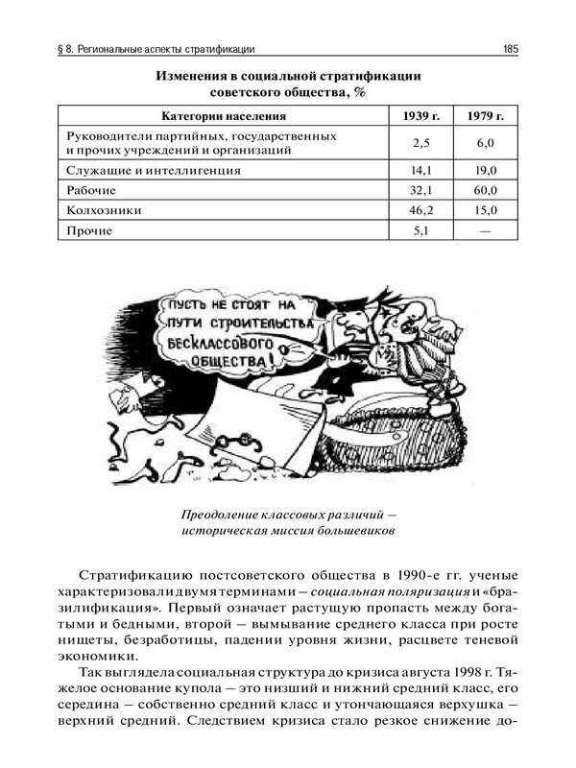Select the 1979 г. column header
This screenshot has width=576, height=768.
point(486,116)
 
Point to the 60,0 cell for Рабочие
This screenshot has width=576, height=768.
point(486,190)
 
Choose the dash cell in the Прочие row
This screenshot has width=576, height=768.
point(486,230)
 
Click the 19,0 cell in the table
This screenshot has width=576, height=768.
point(486,170)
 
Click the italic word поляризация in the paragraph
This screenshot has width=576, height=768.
point(378,591)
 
